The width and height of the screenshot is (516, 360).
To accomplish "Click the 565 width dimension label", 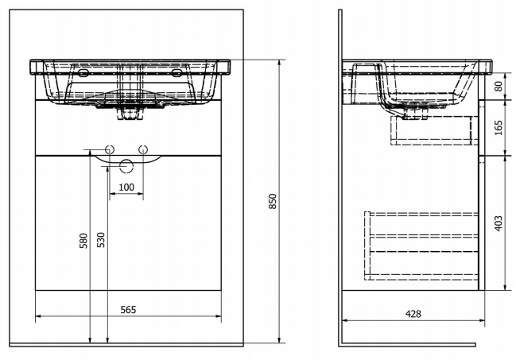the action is [128, 310].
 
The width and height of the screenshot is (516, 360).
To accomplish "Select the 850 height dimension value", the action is [273, 201].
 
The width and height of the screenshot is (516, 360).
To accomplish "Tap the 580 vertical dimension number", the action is [84, 241].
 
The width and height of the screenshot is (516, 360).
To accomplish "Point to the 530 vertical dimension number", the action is [101, 239].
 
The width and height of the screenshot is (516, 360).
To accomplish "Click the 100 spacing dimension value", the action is [126, 188].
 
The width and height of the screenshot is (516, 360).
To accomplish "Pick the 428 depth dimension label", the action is [413, 314].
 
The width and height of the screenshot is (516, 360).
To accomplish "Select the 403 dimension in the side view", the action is [499, 223].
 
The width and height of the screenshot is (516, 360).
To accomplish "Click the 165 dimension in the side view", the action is [499, 127].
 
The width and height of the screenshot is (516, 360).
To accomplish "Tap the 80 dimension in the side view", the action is [499, 86].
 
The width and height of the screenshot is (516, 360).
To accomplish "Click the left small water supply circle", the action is [110, 149].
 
